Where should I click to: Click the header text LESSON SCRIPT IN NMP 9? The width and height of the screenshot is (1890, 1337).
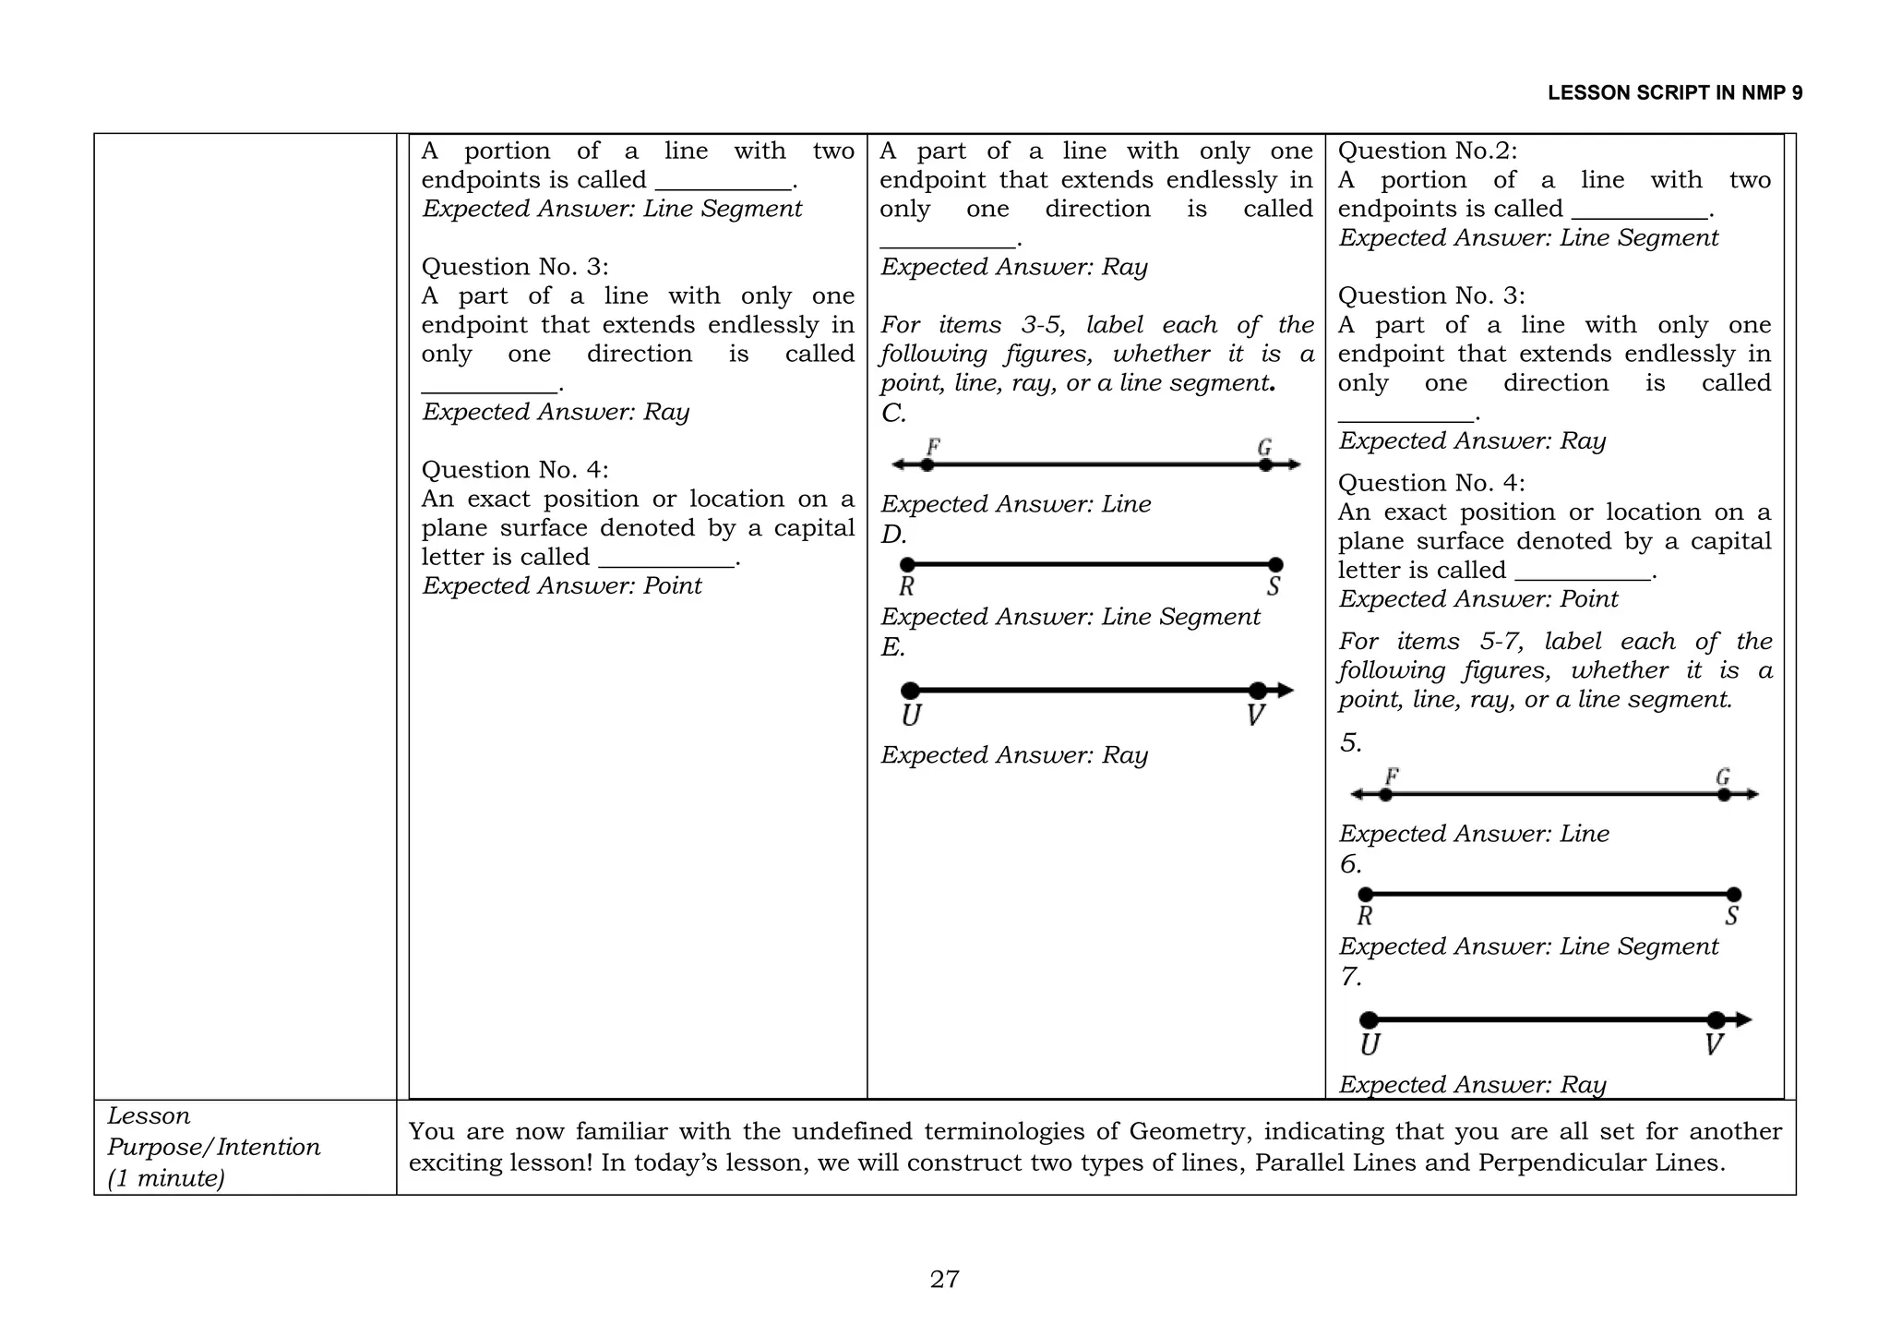(1674, 93)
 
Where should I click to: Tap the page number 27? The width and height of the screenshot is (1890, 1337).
(944, 1279)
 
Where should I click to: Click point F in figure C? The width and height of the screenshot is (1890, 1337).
(927, 464)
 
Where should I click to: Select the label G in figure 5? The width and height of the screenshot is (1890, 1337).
(1722, 777)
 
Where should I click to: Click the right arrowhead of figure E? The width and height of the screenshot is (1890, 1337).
(1286, 690)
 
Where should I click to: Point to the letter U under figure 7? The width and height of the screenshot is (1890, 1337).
(1370, 1045)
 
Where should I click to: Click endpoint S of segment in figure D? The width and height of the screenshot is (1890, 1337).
(1275, 564)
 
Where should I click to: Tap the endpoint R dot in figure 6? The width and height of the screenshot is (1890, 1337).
(1366, 894)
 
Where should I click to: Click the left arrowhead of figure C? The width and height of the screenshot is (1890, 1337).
(898, 464)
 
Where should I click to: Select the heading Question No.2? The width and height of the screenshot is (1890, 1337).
(1427, 151)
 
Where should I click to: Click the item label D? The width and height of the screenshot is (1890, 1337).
(893, 535)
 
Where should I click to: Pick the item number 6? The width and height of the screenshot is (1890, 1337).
(1350, 864)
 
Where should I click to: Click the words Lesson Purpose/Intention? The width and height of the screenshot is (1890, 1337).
(213, 1131)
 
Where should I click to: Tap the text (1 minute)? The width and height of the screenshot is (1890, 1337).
(166, 1178)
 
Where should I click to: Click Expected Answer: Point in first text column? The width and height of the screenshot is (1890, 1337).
(561, 585)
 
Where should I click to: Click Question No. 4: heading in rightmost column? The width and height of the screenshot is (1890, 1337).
(1430, 483)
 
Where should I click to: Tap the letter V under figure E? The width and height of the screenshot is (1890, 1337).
(1255, 716)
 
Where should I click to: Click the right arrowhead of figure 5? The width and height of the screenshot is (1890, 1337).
(1752, 794)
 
